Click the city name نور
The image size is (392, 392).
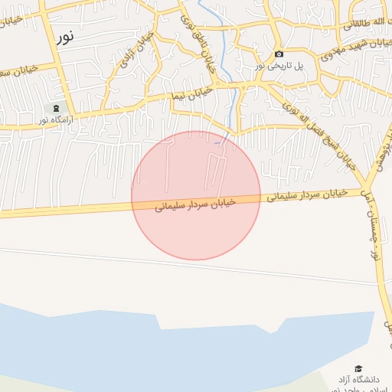[x=65, y=34]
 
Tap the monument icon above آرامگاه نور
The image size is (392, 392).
[x=56, y=109]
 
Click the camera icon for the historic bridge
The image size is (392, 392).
[x=279, y=54]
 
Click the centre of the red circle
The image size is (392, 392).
[x=196, y=195]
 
